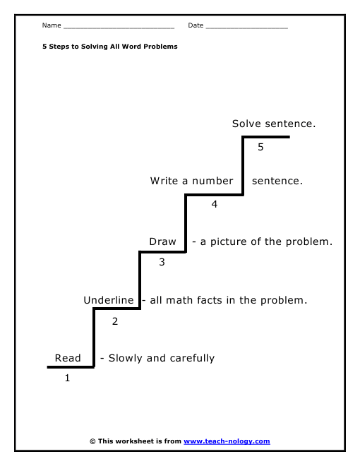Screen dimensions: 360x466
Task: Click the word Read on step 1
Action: tap(68, 358)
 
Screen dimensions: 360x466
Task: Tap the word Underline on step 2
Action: tap(109, 300)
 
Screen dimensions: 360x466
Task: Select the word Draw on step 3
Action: tap(162, 241)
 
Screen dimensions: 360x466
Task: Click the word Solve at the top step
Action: tap(246, 124)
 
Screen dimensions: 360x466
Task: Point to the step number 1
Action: tap(68, 378)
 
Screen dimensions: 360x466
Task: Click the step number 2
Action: tap(115, 321)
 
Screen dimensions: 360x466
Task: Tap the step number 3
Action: tap(162, 262)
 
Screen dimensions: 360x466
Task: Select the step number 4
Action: tap(214, 204)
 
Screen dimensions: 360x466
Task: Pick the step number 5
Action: tap(260, 147)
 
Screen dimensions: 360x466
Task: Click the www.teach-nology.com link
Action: tap(227, 441)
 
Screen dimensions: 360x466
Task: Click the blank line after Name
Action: tap(119, 28)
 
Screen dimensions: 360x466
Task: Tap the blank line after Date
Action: tap(247, 28)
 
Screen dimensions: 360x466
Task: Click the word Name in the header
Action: tap(52, 25)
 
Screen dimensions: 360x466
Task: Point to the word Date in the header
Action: tap(196, 25)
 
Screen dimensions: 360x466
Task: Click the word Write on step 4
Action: tap(164, 181)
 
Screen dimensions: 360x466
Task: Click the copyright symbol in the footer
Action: tap(92, 441)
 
